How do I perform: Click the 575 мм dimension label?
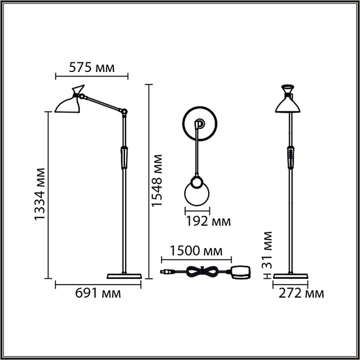coord(91,67)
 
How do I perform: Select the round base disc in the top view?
coord(199,123)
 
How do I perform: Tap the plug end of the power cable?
coord(166,271)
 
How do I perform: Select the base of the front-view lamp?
coord(291,276)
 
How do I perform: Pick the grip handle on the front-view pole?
coord(291,156)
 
